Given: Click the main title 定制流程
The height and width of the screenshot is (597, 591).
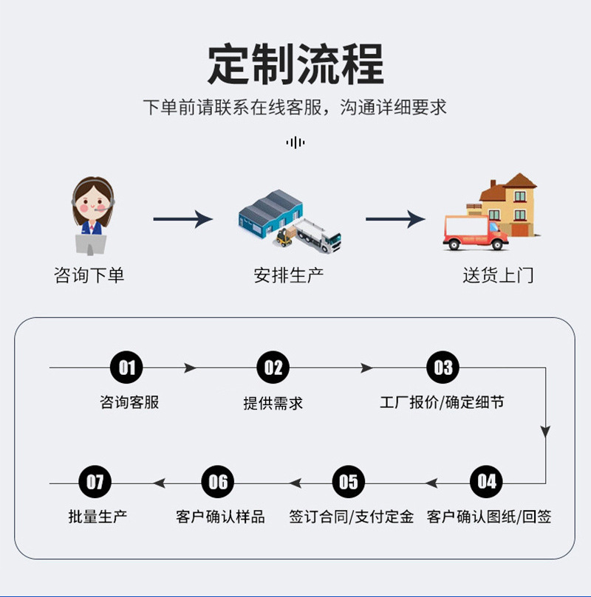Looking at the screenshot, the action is click(295, 64).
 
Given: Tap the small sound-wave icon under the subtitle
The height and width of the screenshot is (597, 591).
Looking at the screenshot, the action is click(295, 142).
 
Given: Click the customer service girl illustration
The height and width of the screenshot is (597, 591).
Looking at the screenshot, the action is click(92, 215).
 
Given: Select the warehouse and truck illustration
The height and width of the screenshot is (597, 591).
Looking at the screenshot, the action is click(290, 221).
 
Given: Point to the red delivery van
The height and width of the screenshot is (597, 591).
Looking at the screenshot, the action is click(475, 232).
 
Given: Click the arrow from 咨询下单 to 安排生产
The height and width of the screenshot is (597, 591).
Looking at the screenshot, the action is click(183, 219).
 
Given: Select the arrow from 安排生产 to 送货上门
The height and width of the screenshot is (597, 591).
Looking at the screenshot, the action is click(395, 219).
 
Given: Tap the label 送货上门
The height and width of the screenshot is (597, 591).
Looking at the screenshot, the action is click(498, 275).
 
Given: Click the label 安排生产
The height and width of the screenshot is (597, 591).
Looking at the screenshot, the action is click(289, 275).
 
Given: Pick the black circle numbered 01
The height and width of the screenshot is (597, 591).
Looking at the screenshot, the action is click(126, 367).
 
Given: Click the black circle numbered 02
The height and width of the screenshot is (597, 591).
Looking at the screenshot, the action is click(273, 367).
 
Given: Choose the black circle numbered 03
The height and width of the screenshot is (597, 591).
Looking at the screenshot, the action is click(443, 367).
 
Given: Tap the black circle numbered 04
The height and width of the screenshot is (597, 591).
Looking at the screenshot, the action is click(487, 482).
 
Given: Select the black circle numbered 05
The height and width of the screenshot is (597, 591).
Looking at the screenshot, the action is click(349, 482).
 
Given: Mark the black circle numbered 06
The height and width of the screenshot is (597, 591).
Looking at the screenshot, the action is click(218, 482).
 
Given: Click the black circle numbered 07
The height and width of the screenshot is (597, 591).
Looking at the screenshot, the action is click(95, 482).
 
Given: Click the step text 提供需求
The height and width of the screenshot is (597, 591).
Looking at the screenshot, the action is click(273, 403).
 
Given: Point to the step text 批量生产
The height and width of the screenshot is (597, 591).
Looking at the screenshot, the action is click(98, 517).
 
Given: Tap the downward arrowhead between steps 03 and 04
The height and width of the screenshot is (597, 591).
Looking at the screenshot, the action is click(546, 432).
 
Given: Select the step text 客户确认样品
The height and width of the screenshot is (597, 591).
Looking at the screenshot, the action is click(220, 517).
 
